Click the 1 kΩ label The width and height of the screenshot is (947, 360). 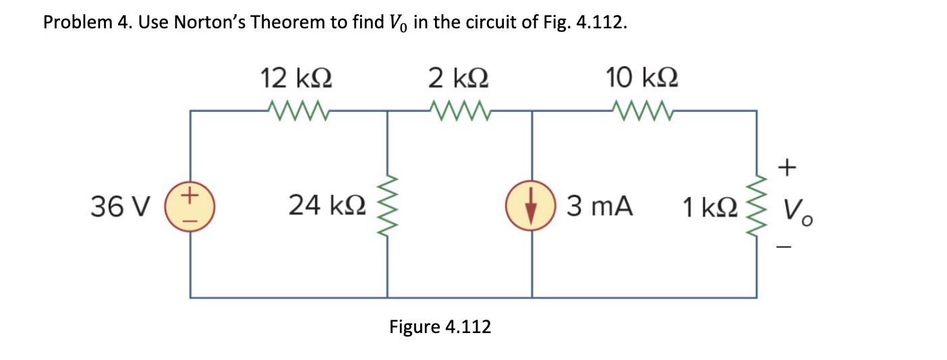click(706, 207)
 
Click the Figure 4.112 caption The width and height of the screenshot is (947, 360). click(440, 328)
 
